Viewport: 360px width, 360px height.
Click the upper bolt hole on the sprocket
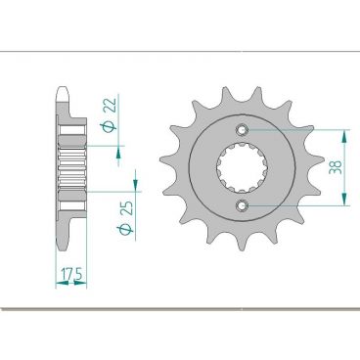pos(243,129)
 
